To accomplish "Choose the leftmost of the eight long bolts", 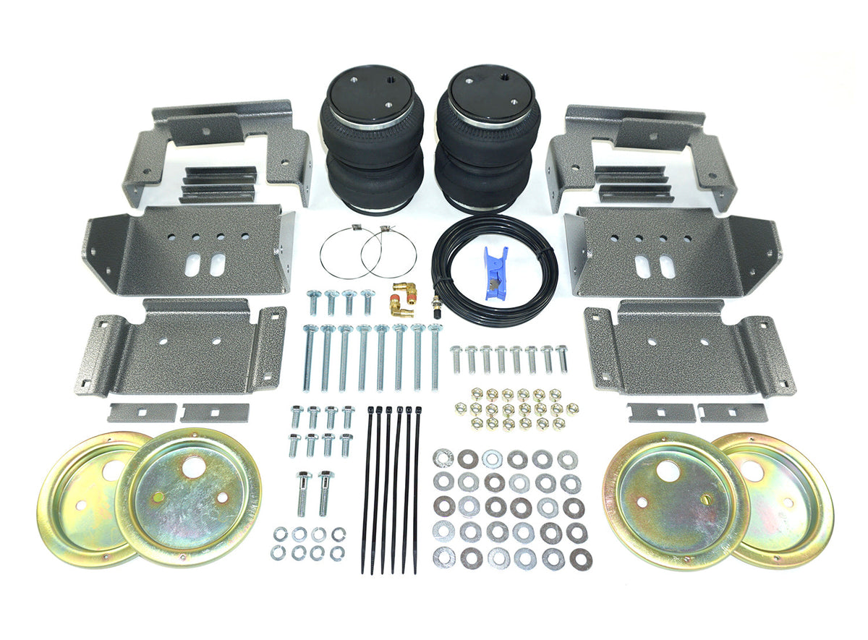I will coord(309,358).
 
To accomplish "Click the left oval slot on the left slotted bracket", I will coord(193,265).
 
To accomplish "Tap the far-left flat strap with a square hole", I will coord(142,413).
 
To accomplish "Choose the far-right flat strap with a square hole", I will coord(732,413).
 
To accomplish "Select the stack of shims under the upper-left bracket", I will coord(218,185).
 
